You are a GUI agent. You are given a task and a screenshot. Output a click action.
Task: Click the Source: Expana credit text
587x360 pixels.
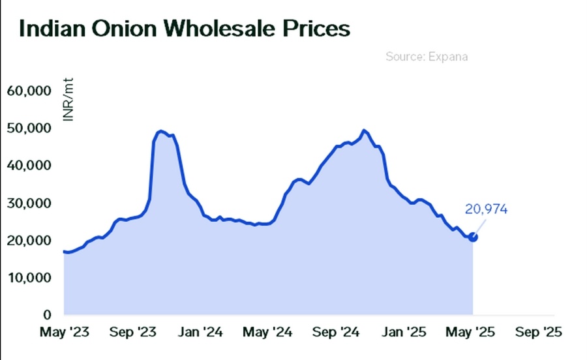pos(427,57)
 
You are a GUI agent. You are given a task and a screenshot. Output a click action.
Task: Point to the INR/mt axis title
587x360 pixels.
pos(67,104)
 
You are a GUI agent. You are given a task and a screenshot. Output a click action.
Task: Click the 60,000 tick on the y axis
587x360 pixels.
pos(29,91)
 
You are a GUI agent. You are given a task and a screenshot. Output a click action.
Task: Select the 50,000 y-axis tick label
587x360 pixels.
pos(29,128)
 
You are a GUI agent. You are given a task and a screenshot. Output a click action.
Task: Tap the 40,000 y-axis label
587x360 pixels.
pos(29,166)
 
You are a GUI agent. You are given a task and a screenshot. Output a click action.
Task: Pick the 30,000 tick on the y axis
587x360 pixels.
pos(29,203)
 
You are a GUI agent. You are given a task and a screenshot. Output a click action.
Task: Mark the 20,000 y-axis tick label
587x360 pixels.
pos(29,241)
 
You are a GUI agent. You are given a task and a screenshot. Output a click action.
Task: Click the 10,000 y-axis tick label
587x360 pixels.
pos(29,278)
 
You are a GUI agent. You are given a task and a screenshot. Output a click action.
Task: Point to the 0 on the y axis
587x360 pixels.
pos(47,316)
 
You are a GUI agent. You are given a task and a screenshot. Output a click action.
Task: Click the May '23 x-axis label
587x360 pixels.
pos(63,333)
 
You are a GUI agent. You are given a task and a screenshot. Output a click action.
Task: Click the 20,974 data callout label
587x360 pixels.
pos(486,209)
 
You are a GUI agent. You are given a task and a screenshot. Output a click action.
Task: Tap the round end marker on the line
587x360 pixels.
pos(473,237)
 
